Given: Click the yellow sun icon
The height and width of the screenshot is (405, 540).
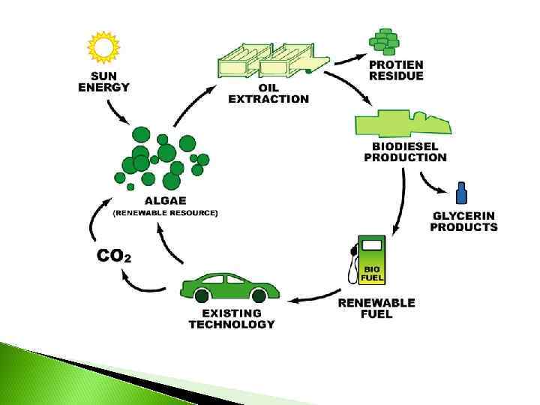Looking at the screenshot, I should (103, 47).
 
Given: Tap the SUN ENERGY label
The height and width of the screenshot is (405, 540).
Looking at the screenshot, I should (104, 81).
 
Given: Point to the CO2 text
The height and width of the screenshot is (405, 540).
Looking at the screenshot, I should (114, 256).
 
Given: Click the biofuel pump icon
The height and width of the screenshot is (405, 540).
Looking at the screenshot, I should (369, 259).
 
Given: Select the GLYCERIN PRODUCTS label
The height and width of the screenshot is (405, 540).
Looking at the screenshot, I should (463, 221).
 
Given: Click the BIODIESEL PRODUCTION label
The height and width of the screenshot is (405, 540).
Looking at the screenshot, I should (405, 152).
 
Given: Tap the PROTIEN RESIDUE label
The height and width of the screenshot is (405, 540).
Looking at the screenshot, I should (396, 70).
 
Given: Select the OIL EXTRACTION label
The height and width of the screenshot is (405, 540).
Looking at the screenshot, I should (268, 93).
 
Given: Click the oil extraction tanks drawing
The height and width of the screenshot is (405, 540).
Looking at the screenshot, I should (270, 59).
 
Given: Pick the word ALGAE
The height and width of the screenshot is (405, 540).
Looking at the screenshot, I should (165, 201).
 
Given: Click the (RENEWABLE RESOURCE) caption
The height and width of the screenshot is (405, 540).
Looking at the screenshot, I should (165, 213).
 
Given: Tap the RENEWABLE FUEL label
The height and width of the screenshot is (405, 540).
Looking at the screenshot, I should (376, 308).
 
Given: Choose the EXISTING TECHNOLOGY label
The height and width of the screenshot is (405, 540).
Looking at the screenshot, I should (232, 319).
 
